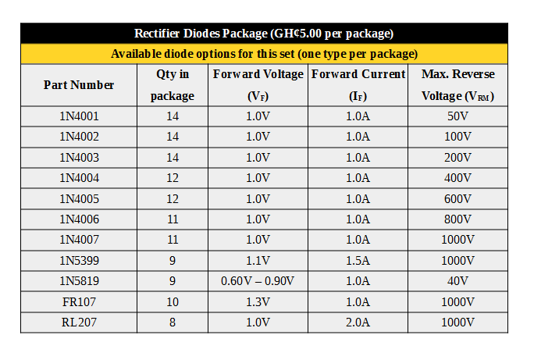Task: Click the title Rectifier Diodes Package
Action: coord(264,34)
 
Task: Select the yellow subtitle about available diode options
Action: coord(264,54)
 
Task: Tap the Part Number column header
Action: coord(79,85)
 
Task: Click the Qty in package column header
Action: coord(173,85)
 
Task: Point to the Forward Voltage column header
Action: coord(258,85)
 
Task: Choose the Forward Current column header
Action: coord(358,85)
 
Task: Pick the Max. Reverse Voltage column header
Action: coord(458,85)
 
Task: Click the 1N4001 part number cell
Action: coord(79,116)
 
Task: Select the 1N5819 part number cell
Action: coord(79,280)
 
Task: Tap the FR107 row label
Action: coord(79,301)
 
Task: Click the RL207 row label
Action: coord(79,322)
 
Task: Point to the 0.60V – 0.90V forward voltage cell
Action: coord(258,280)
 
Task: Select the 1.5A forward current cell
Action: coord(358,260)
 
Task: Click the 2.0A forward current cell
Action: coord(358,322)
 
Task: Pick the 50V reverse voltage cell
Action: coord(458,116)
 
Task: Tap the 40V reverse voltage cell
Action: coord(458,280)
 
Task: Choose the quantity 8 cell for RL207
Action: coord(173,322)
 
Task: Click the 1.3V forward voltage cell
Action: coord(258,301)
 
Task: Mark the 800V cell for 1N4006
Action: coord(458,219)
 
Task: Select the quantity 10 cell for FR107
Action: coord(173,301)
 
